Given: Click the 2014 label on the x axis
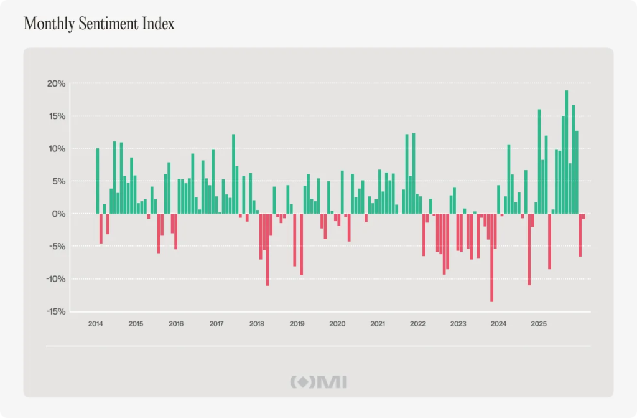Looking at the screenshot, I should (95, 324).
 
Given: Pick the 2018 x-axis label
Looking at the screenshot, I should (256, 324).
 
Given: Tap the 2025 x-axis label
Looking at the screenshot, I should (539, 324).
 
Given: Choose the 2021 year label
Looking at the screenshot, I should (377, 324).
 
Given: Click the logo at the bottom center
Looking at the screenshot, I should (318, 382).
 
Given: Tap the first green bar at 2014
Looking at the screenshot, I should (98, 181).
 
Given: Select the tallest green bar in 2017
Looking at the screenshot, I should (234, 174).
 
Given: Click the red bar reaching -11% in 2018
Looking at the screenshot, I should (267, 249).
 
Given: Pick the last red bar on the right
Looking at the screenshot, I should (584, 216).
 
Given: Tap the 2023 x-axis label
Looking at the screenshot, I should (458, 324).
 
